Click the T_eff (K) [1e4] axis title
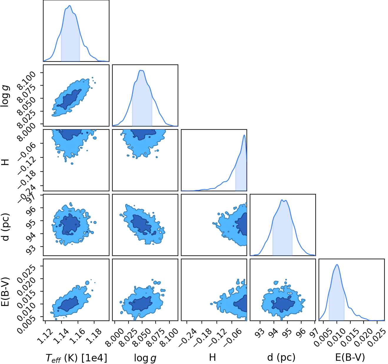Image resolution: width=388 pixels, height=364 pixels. coord(76,358)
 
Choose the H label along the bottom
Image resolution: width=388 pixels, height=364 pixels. coord(213,357)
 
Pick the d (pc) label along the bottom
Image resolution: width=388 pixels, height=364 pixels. coord(281,358)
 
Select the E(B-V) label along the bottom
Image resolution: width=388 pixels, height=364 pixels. coord(350,358)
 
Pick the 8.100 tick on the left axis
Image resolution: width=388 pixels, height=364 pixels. coord(26,81)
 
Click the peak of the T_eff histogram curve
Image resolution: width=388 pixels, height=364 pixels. coord(69,6)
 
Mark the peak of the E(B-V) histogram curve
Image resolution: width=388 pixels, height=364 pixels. coord(337,265)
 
